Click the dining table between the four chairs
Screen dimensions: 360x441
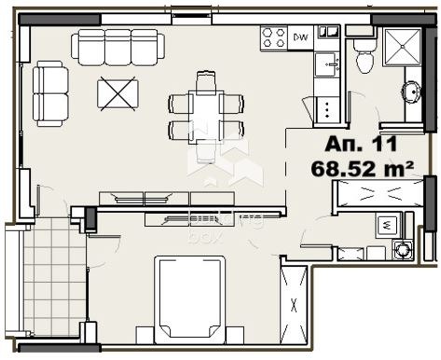pos(206,115)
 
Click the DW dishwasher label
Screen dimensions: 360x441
pos(301,37)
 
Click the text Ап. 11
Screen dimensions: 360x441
pos(362,145)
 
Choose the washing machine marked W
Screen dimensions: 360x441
pos(388,226)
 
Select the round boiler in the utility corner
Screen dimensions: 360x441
pos(402,249)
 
